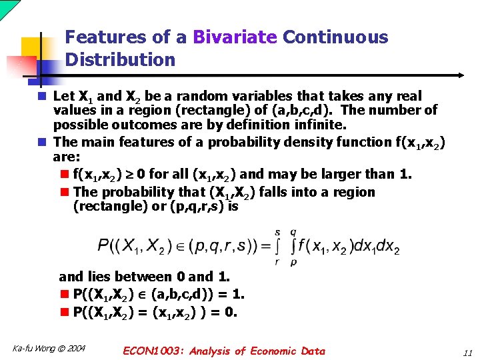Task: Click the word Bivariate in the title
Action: point(235,37)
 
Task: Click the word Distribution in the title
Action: point(120,60)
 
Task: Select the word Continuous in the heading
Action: point(335,37)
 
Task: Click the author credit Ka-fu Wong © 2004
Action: point(49,349)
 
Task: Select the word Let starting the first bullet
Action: point(64,97)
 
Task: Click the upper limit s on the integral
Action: point(277,232)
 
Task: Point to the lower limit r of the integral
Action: point(277,263)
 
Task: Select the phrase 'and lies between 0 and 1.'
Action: point(145,277)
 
